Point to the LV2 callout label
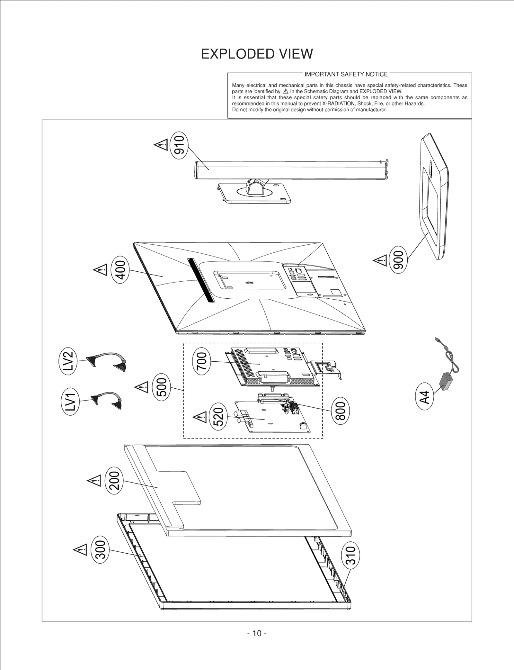tap(68, 361)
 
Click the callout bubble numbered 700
tap(201, 362)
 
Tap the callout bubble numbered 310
tap(350, 555)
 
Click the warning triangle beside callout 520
tap(200, 418)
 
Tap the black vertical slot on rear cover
tap(201, 280)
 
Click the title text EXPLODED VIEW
tap(257, 54)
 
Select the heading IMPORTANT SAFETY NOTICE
tap(346, 74)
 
